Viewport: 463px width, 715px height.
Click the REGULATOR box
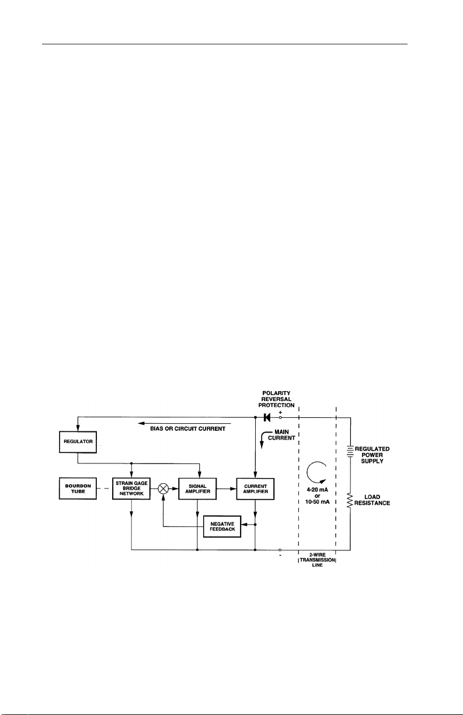(x=77, y=437)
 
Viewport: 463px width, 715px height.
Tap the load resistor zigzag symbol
(x=350, y=500)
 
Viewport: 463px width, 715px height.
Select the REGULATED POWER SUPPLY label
(x=374, y=454)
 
